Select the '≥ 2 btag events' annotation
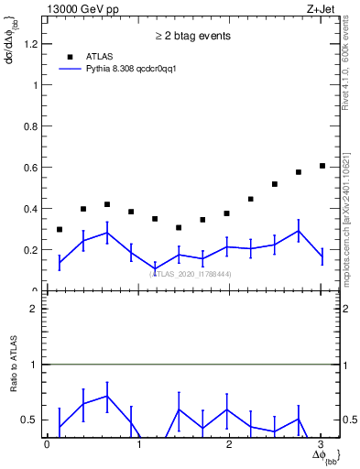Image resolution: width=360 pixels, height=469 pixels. tap(191, 36)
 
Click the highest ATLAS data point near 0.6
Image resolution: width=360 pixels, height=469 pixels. tap(322, 166)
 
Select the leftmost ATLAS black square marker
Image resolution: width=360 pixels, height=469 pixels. tap(60, 229)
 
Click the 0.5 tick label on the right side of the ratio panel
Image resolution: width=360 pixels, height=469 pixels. tap(349, 420)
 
